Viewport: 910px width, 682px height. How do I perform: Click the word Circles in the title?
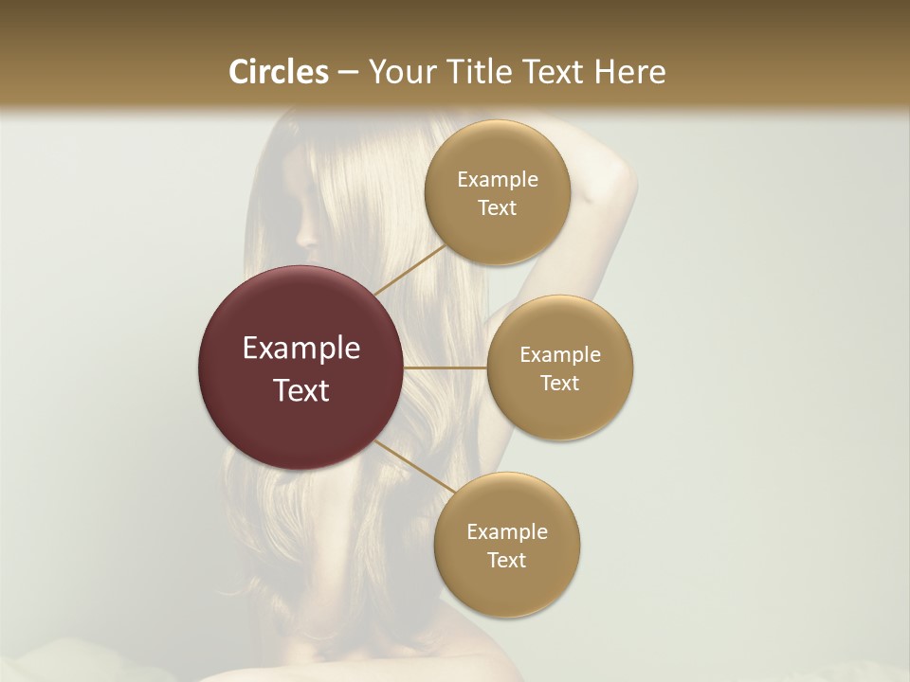[x=278, y=72]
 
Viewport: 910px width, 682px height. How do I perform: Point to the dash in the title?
[x=348, y=73]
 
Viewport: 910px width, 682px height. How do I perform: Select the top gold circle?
[x=497, y=192]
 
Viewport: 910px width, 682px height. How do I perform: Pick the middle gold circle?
[x=559, y=368]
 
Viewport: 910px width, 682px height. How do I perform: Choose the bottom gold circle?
[x=506, y=545]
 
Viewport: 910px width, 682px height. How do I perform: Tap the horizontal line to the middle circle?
[x=446, y=367]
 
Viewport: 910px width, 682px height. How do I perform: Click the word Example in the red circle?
[x=301, y=349]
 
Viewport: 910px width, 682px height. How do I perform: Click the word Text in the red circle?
[x=301, y=390]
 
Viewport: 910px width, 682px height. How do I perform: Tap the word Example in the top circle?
[x=498, y=179]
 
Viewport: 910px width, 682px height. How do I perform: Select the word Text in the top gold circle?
[x=497, y=207]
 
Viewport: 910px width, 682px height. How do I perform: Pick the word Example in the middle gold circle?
[x=560, y=354]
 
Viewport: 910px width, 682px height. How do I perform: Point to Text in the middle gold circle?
[x=559, y=383]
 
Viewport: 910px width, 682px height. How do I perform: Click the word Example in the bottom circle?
[x=507, y=531]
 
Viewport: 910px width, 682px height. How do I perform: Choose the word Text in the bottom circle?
[x=506, y=560]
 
